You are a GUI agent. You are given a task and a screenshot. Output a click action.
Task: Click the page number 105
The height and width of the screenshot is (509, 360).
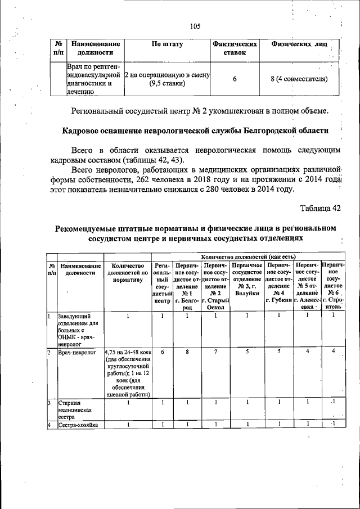[195, 26]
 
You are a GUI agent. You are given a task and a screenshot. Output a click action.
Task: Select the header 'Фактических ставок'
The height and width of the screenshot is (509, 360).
[235, 48]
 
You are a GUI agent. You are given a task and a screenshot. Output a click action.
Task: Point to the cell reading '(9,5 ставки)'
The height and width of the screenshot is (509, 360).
[167, 84]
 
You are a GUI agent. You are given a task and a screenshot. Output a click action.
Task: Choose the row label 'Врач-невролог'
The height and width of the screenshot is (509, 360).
[76, 352]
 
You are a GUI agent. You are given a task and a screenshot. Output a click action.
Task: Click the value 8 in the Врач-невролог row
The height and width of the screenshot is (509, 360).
[187, 352]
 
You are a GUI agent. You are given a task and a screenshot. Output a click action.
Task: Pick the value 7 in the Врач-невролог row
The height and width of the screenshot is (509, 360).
[215, 352]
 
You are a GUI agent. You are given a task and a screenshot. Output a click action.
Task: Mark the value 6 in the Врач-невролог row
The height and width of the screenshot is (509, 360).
[162, 352]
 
